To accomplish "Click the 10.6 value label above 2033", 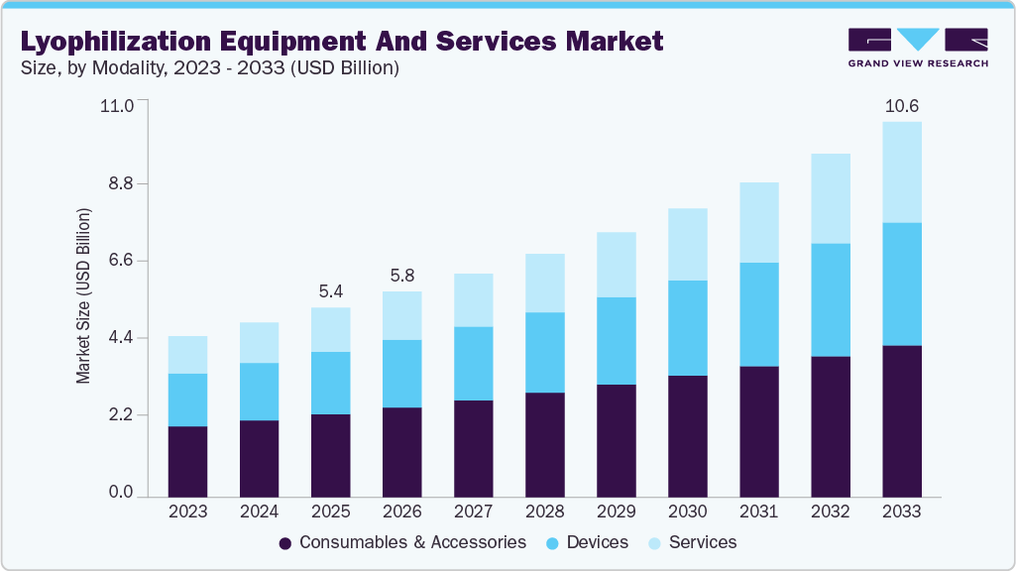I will point(901,106).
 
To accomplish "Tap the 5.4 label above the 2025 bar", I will point(330,291).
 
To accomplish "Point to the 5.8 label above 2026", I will point(401,276).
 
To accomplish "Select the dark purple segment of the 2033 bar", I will point(901,420).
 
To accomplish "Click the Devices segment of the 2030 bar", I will point(687,328).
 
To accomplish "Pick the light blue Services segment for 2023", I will point(187,355).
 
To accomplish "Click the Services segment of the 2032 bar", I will point(830,198).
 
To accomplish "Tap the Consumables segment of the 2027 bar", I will point(473,448).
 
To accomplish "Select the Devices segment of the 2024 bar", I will point(259,392).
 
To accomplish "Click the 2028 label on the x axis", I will point(544,512).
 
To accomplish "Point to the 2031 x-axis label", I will point(758,512).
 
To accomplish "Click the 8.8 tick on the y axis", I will point(116,184).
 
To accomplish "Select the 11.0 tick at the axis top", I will point(116,105).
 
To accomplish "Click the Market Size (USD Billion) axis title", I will point(84,296).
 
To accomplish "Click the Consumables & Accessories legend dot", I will point(285,543).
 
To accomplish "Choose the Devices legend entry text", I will point(598,542).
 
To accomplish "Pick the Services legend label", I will point(703,542).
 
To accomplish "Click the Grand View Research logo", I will point(917,47).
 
